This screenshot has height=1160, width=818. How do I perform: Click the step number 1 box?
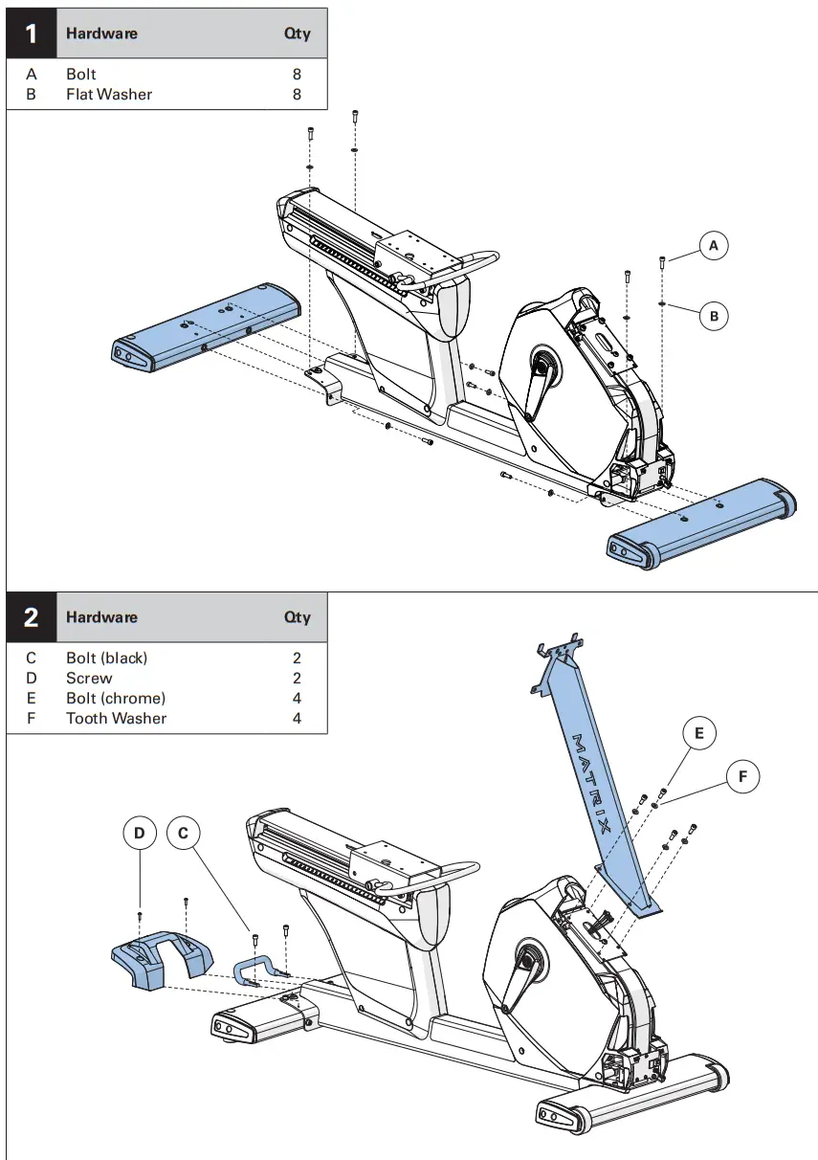(32, 33)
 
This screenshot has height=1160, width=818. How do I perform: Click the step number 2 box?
(32, 617)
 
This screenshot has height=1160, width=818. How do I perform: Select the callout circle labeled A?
(713, 246)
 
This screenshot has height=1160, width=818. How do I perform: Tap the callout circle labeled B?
(714, 315)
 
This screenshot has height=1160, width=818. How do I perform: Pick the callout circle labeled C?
(183, 834)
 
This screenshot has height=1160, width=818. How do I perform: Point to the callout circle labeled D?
(140, 834)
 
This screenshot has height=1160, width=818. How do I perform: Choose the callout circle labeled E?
(699, 733)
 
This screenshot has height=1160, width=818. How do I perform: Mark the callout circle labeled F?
(743, 777)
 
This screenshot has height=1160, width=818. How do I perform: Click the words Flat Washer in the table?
(109, 94)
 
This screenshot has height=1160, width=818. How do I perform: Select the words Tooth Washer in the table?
(116, 718)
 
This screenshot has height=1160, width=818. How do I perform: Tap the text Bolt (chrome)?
(116, 698)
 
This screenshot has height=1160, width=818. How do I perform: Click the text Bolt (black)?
(107, 658)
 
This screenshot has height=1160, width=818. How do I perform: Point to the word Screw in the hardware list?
(89, 678)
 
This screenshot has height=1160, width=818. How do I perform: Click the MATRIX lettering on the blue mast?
(593, 785)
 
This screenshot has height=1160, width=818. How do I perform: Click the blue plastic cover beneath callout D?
(158, 962)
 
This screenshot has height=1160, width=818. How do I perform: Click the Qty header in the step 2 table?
(297, 617)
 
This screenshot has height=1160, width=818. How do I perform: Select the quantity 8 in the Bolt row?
(297, 74)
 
